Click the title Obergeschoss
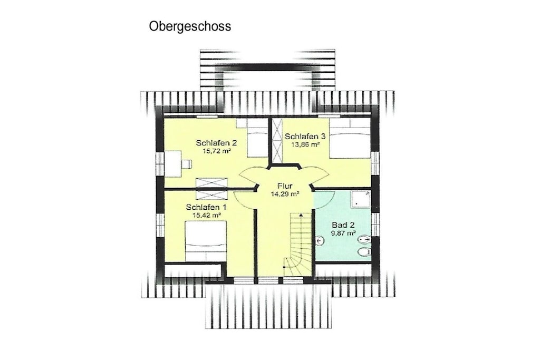click(x=190, y=26)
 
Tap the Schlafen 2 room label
click(x=216, y=142)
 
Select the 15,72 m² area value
click(x=216, y=151)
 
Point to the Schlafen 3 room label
click(x=305, y=137)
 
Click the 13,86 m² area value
click(x=305, y=144)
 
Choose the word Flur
click(x=285, y=186)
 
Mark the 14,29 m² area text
click(x=285, y=194)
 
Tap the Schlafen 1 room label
click(x=206, y=207)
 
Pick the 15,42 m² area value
click(x=207, y=216)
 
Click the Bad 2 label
click(x=343, y=225)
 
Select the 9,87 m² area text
click(x=343, y=233)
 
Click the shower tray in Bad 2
click(x=361, y=199)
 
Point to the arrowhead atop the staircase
click(x=301, y=215)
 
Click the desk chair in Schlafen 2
click(x=187, y=163)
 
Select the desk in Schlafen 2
click(x=172, y=164)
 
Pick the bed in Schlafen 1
click(x=206, y=241)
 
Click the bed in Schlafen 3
click(x=350, y=138)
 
